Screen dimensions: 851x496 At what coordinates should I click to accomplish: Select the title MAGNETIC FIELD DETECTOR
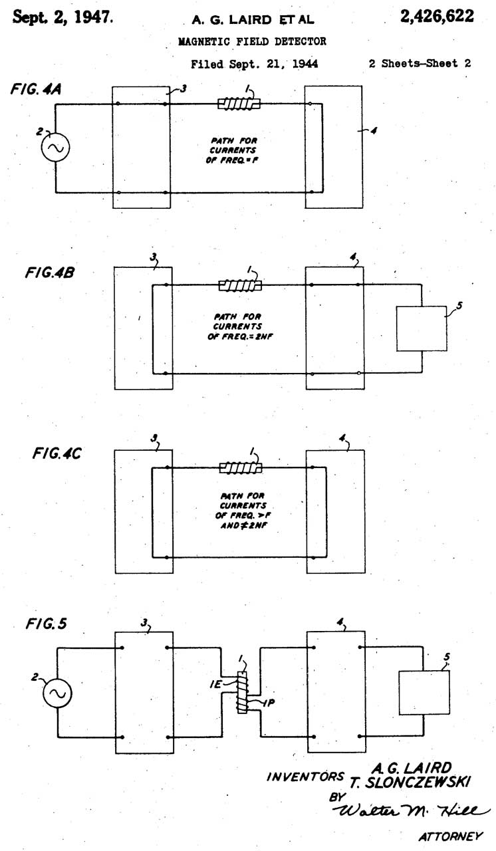(252, 41)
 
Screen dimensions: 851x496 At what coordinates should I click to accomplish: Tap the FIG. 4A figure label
(37, 89)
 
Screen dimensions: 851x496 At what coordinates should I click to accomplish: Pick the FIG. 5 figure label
(46, 624)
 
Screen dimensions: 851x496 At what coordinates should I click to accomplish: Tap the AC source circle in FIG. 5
(57, 692)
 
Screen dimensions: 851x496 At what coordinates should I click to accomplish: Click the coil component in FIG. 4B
(241, 285)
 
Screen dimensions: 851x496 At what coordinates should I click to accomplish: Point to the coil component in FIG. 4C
(241, 467)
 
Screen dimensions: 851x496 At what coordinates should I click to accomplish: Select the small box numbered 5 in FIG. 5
(424, 693)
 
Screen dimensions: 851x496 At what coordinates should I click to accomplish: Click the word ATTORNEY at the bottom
(449, 836)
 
